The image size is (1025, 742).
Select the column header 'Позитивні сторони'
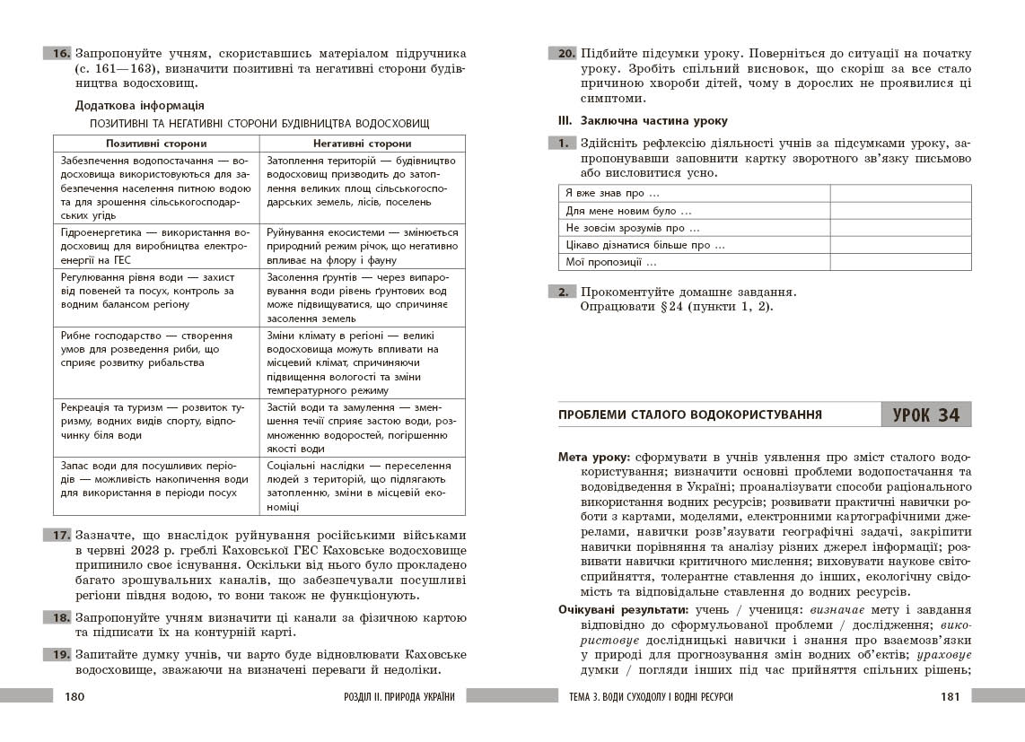tap(156, 144)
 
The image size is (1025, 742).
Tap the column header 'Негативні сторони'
tap(363, 144)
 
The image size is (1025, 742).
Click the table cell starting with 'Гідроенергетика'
tap(156, 246)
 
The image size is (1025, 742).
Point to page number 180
tap(74, 697)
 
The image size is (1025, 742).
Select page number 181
tap(951, 697)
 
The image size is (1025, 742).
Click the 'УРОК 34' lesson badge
tap(926, 415)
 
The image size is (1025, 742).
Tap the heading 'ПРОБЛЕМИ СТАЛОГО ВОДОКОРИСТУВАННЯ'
tap(690, 415)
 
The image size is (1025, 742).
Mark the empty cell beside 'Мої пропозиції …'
tap(900, 262)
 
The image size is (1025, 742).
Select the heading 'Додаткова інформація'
tap(139, 105)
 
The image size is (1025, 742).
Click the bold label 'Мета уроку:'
tap(592, 457)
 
